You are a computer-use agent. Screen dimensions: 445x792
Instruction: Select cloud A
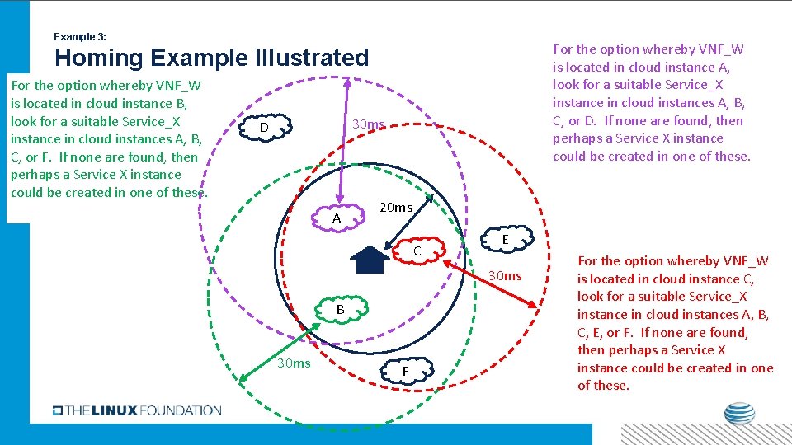[x=337, y=218]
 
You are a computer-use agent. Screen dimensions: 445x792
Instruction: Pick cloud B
[x=340, y=310]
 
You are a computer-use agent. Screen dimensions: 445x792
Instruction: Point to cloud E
[x=505, y=239]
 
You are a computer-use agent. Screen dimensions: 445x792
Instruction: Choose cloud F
[x=406, y=371]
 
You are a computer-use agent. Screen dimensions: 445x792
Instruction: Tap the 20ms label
[x=396, y=207]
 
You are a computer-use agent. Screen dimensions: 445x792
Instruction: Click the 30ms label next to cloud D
[x=369, y=124]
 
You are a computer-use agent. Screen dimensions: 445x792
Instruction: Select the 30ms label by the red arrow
[x=506, y=275]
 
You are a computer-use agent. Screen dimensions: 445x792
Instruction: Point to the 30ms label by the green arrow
[x=294, y=363]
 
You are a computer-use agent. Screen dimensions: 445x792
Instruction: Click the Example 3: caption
[x=79, y=37]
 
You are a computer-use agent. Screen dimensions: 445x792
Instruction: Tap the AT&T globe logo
[x=739, y=415]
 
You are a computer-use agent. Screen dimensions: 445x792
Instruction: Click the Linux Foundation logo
[x=137, y=410]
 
